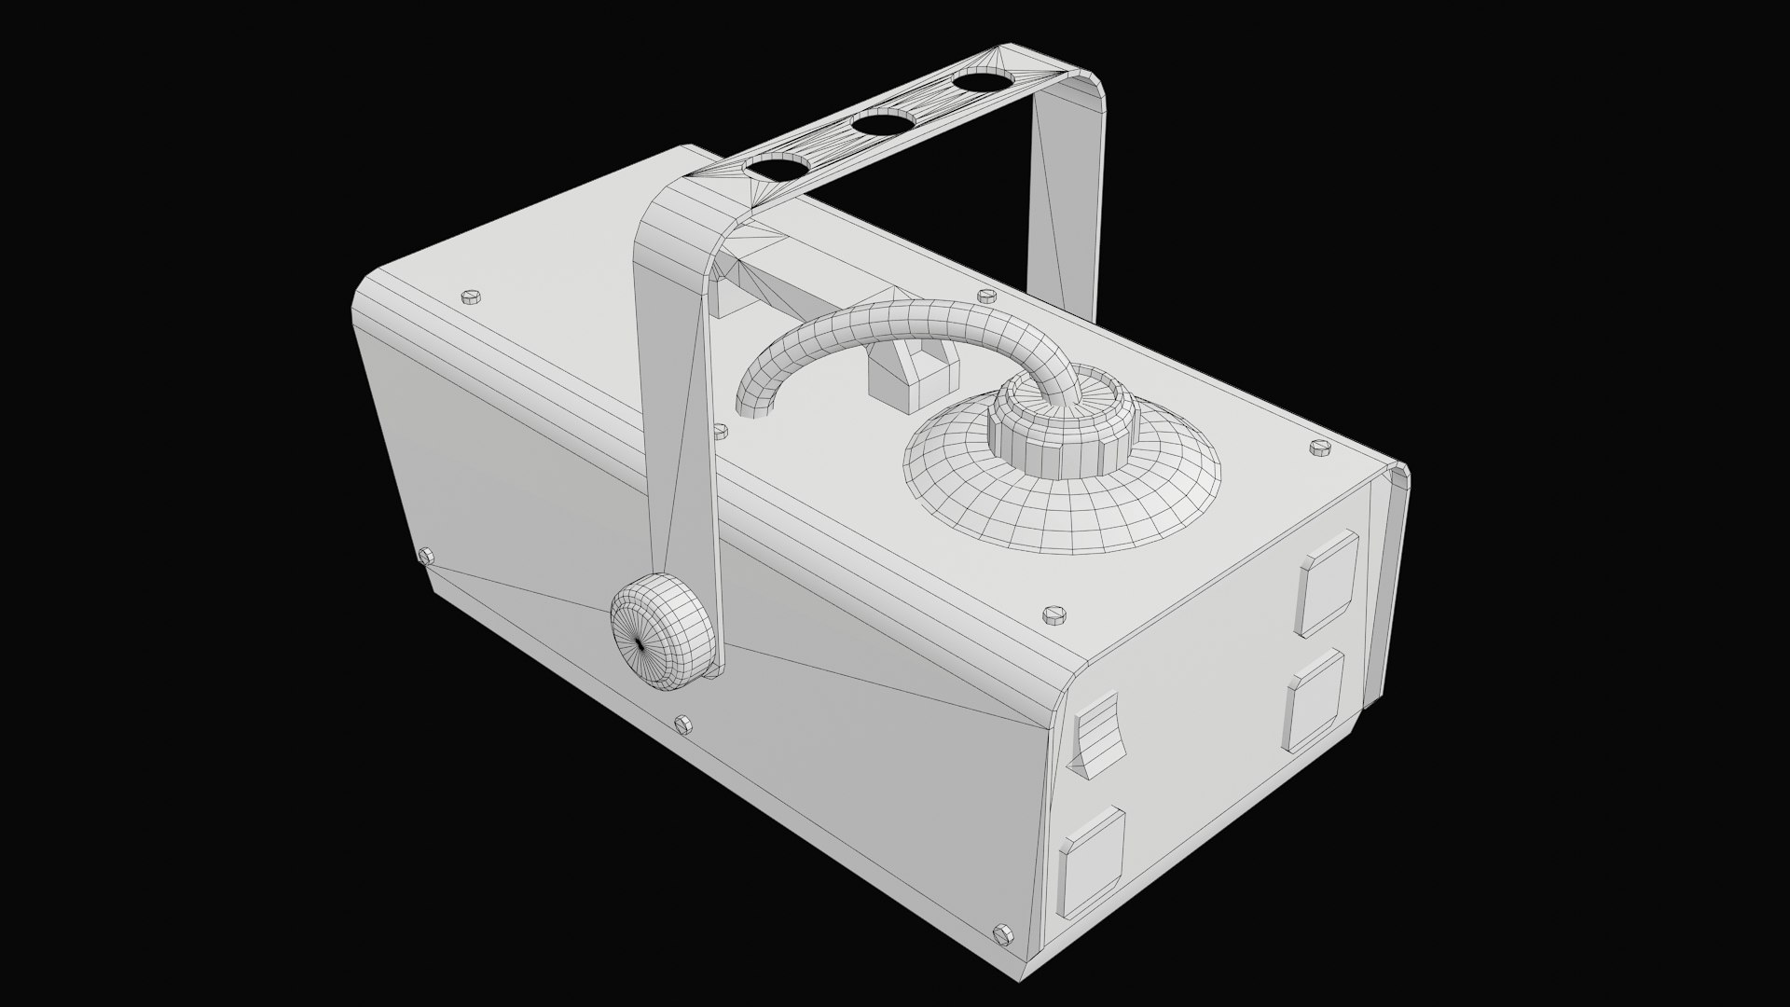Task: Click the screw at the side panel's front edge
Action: coord(427,556)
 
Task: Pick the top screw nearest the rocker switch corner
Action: coord(1054,614)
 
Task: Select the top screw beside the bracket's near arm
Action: coord(720,430)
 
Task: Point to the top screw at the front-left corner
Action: coord(471,297)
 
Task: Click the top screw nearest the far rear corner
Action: coord(1319,448)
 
